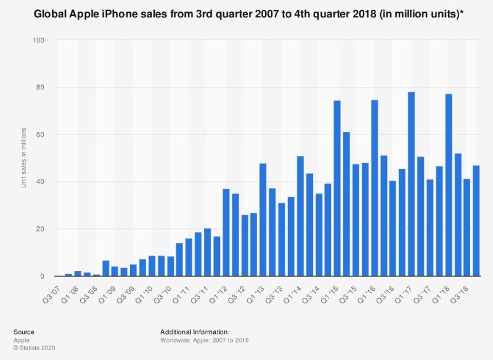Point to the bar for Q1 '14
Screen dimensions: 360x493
pos(300,216)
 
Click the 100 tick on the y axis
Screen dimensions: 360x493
pos(43,40)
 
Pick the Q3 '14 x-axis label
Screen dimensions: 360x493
pos(319,290)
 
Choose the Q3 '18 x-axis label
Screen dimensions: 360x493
pos(467,290)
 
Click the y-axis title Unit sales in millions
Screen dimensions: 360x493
pos(24,158)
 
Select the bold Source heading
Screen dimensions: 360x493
pos(24,332)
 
